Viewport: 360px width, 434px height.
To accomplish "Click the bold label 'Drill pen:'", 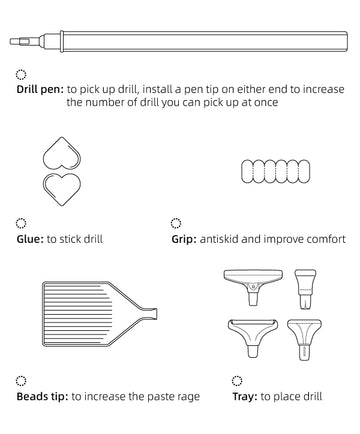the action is click(40, 90).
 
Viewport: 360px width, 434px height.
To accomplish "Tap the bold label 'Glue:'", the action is click(30, 239).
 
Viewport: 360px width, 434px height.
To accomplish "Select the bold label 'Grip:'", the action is click(184, 239).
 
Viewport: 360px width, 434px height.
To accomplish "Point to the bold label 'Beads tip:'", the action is click(42, 397).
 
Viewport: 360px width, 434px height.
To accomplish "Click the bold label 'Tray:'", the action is click(245, 397).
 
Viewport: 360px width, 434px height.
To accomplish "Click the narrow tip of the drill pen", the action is click(15, 42).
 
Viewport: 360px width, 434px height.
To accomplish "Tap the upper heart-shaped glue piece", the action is click(62, 153).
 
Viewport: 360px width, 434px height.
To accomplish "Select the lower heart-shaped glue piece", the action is click(62, 189).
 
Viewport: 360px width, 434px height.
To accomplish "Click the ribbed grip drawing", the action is click(276, 171).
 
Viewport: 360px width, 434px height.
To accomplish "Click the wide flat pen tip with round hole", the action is click(253, 287).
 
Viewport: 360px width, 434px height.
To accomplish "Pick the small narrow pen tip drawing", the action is click(305, 289).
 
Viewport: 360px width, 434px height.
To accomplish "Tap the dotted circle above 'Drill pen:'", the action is click(21, 75).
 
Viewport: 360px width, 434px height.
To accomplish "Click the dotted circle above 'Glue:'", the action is click(21, 223).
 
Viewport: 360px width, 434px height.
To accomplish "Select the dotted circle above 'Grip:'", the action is click(176, 223).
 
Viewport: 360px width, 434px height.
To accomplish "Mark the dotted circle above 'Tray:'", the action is click(237, 381).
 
